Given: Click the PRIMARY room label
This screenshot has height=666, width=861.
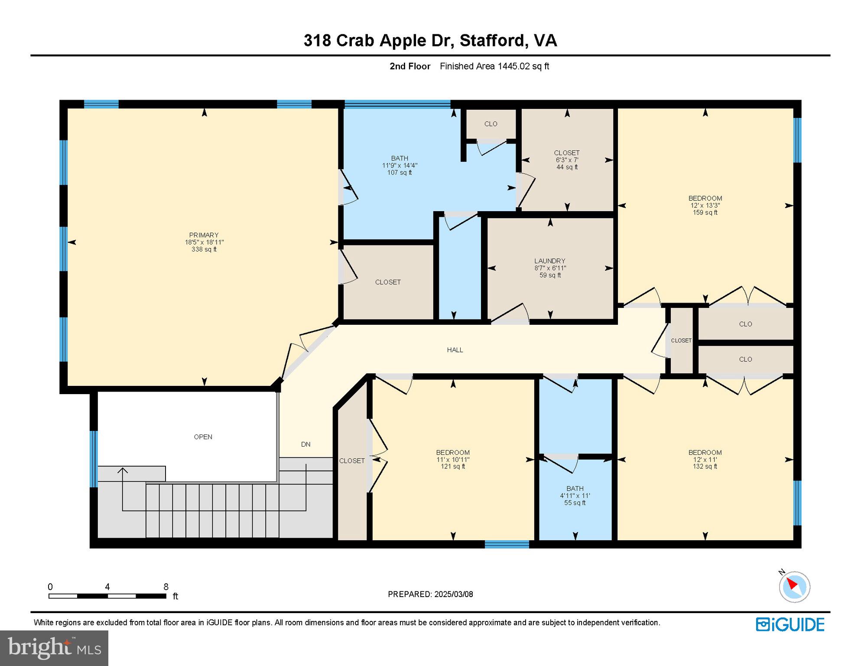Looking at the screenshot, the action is coord(204,235).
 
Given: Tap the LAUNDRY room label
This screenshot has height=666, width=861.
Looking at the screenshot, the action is coord(550,261).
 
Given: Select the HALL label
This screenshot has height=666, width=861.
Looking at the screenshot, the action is coord(455,350).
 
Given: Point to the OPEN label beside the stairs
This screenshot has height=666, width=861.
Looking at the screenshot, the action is coord(203,437).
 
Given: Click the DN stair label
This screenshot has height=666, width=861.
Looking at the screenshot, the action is coord(306,444).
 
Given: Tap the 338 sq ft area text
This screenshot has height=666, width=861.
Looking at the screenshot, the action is coord(204,249).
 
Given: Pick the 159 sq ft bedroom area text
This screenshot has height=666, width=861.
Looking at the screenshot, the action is coord(705,212).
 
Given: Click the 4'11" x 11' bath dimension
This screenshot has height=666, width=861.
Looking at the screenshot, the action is coord(575,496).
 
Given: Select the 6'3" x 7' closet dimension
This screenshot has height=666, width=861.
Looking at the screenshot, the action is coord(567,160).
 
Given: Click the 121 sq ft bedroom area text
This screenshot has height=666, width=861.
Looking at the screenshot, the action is coord(453,467).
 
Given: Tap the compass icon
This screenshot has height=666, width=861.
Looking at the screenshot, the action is coord(794,586).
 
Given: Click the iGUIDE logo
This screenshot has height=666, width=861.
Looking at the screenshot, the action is coord(790,624).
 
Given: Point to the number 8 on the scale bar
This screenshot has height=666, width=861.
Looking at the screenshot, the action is coord(166,587).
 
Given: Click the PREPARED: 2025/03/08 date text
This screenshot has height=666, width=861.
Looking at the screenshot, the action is coord(430,594).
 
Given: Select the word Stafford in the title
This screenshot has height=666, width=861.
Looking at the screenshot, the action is coord(493,40).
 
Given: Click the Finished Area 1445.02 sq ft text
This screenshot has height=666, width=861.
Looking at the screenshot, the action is coord(494,66).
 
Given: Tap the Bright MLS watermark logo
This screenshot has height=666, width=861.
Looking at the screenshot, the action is coord(54,648).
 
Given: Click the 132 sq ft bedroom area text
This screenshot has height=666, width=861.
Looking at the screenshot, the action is coord(705,467).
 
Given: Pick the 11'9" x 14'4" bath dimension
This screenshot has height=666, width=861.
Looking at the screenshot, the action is coord(400,166).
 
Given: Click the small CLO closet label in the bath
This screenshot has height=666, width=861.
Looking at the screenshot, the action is coord(491,124).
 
